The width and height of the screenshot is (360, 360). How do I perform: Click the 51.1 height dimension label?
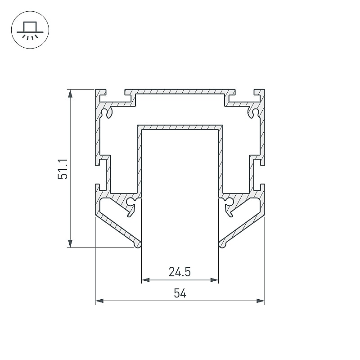click(x=63, y=168)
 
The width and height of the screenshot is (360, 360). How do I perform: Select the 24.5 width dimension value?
click(x=180, y=272)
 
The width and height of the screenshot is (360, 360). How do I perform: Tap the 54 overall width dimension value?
click(x=180, y=293)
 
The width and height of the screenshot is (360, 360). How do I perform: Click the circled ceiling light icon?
click(x=30, y=30)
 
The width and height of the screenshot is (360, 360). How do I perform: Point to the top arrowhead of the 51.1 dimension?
click(x=70, y=94)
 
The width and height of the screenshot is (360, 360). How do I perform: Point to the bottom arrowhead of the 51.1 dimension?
click(x=70, y=243)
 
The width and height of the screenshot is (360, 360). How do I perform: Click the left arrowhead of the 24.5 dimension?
click(x=146, y=280)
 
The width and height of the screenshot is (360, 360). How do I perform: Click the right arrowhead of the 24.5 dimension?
click(x=214, y=280)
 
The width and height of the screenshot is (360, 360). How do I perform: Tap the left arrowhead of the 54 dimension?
click(x=99, y=301)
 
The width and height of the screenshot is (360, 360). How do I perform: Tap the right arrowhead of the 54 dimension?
click(x=261, y=301)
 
